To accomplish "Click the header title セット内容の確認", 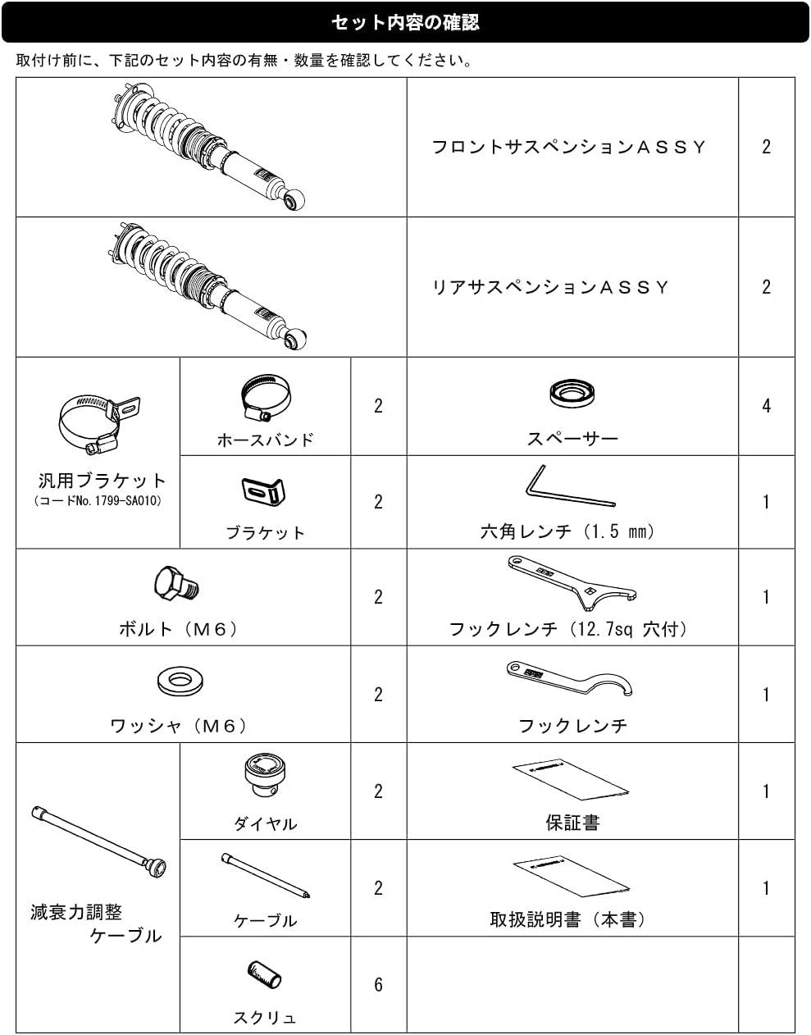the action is (x=405, y=22).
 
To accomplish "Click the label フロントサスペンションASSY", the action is (x=568, y=147).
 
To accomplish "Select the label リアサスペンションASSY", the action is (x=550, y=287).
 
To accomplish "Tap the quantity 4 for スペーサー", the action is (x=766, y=406).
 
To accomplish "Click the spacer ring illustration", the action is (x=572, y=393).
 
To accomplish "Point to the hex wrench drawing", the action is (x=571, y=486).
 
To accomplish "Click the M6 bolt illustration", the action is (x=176, y=584).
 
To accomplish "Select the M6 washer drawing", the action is (x=180, y=681).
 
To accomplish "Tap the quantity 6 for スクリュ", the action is (x=378, y=984).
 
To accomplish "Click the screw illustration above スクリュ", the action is (x=264, y=974).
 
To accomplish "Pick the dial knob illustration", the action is (x=265, y=775).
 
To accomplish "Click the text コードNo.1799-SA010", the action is (x=98, y=500).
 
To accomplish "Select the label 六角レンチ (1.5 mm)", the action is (x=567, y=531).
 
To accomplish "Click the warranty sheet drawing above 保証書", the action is (x=571, y=780).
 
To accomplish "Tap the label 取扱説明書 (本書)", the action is (x=567, y=919).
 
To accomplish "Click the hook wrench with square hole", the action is (x=572, y=582).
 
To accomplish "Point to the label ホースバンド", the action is (x=265, y=440).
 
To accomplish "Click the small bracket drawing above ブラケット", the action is (x=263, y=491).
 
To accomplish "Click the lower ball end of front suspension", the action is (x=294, y=199).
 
